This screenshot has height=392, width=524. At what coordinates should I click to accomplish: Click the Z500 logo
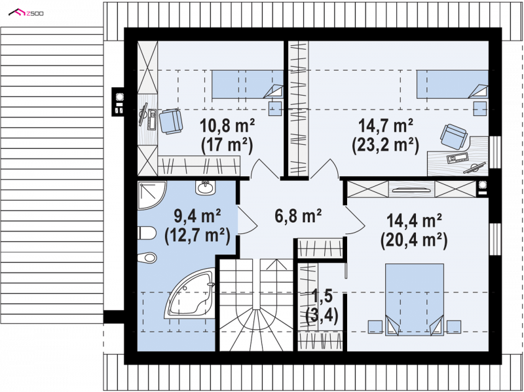coord(26,13)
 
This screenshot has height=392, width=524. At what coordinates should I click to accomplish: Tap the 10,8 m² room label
coord(227,126)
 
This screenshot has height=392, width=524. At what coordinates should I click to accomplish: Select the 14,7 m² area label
coord(386,126)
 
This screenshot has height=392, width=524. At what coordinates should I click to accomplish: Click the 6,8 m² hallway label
coord(298,216)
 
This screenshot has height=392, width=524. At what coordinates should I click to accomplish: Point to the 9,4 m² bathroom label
coord(197,216)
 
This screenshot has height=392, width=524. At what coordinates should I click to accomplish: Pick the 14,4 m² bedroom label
coord(414,221)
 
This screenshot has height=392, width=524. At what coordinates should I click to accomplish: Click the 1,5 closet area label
coord(322,296)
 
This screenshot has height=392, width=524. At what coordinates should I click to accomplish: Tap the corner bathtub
coord(190,293)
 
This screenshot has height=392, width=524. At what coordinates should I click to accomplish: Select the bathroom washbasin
coord(205,187)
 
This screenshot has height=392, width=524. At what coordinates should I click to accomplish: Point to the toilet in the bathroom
coord(147,233)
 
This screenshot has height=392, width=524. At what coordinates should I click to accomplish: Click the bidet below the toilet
coord(147,258)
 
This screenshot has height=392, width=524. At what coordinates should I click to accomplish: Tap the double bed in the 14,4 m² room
coord(415,300)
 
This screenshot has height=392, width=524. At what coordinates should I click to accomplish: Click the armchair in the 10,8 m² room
coord(171,121)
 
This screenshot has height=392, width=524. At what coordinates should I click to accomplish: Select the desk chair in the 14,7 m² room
coord(453,136)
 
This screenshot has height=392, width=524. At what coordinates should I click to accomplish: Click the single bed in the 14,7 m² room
coord(452,85)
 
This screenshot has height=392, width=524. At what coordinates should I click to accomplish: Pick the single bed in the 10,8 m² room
coord(248,85)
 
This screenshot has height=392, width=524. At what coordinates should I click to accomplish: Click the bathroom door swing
coord(248,220)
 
